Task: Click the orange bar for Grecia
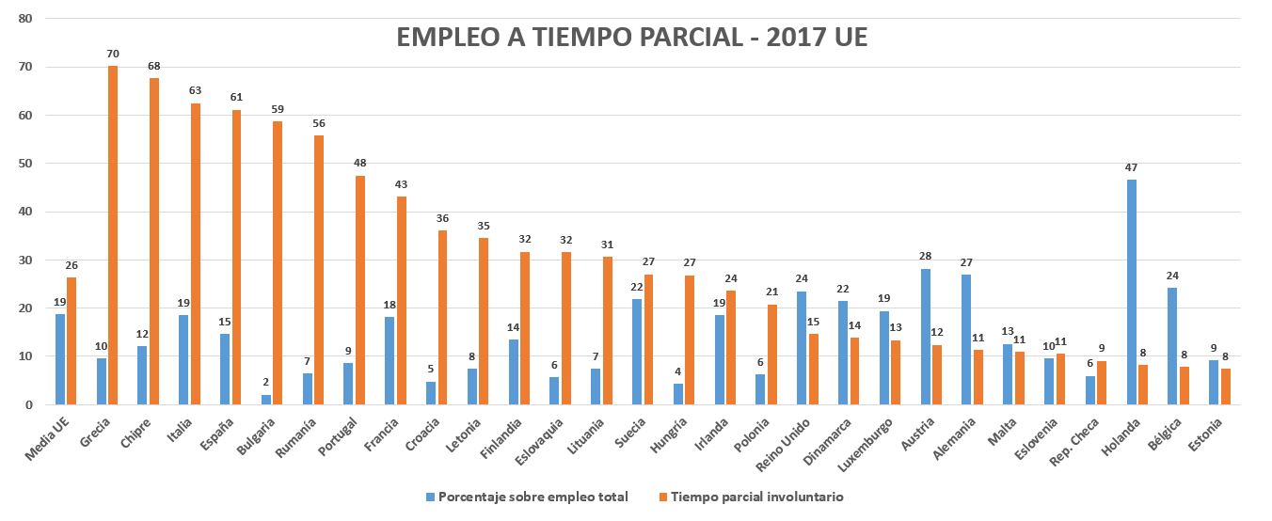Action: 113,235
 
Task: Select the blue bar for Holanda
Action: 1132,292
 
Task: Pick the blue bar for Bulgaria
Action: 266,400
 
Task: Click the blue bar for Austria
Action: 926,337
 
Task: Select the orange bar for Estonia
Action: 1226,387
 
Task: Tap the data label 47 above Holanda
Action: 1132,167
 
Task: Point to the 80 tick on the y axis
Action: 25,19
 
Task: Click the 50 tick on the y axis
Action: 25,164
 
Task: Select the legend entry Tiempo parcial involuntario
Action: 762,497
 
